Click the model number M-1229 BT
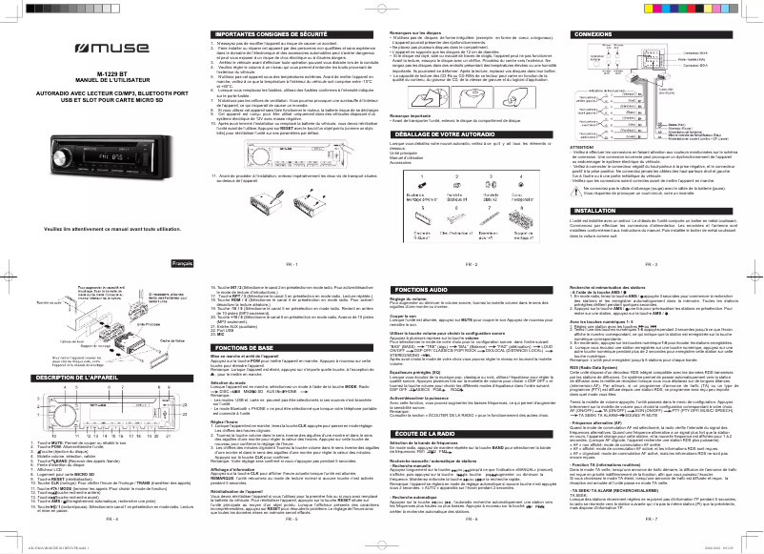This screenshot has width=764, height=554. (x=99, y=72)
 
